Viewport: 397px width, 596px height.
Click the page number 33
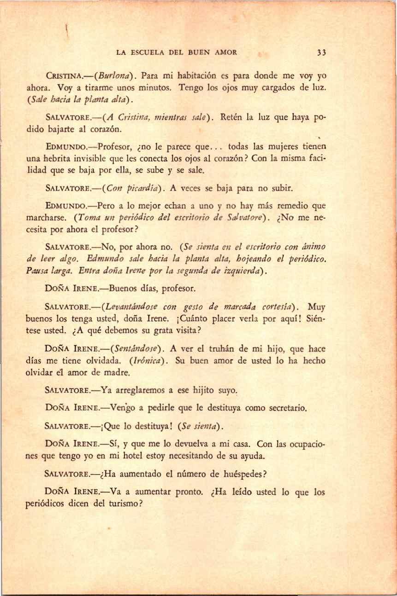(322, 52)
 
